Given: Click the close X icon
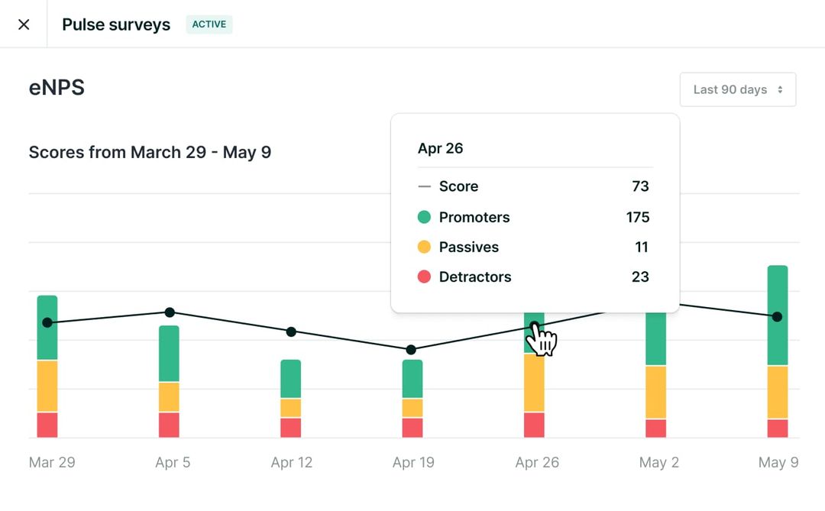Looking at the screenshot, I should (24, 24).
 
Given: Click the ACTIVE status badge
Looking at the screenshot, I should (209, 24).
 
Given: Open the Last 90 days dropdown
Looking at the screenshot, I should (737, 89).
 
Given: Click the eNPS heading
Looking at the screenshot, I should (57, 88).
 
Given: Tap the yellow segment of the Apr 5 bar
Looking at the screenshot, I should (169, 396).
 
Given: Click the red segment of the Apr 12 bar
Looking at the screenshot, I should (290, 427).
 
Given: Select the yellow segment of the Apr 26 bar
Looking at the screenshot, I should (534, 382).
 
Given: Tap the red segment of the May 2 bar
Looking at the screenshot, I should (655, 428).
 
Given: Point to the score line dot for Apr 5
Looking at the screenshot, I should (170, 312).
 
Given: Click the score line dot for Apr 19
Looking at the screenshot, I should (411, 350).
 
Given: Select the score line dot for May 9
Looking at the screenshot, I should (777, 316).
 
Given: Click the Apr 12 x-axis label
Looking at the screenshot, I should (291, 462).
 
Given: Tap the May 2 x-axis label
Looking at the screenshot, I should (658, 462).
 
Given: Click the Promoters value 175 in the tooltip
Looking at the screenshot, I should (637, 217).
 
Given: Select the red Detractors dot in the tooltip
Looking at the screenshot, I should (424, 277).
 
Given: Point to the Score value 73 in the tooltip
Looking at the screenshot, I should (640, 186).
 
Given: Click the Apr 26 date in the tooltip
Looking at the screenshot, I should (440, 148).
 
